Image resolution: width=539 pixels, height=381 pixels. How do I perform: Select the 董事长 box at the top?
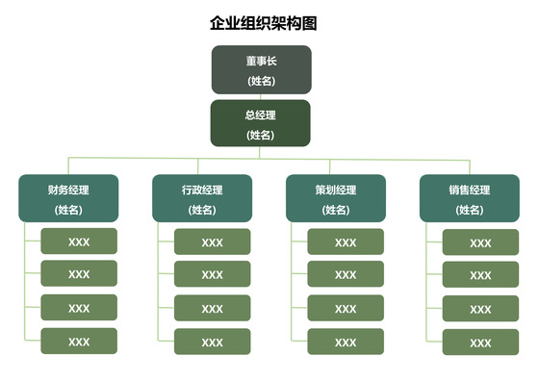click(261, 69)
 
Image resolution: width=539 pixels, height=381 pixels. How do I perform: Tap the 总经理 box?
click(261, 123)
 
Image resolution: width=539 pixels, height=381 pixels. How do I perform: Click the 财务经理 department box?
click(68, 198)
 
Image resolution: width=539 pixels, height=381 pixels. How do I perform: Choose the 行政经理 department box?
click(202, 198)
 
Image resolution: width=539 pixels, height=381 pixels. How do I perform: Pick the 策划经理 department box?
click(336, 198)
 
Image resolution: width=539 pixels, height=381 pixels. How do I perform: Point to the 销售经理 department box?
click(470, 198)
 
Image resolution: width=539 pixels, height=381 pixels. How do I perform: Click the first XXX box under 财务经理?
click(79, 241)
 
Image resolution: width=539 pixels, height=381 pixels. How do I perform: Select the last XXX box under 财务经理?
click(79, 342)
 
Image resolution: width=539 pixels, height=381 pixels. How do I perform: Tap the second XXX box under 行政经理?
click(212, 274)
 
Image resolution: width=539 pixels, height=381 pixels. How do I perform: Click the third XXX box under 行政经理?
click(212, 308)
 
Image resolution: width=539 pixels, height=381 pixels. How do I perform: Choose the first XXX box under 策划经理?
click(346, 241)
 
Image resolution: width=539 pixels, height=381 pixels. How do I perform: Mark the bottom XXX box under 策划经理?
click(346, 342)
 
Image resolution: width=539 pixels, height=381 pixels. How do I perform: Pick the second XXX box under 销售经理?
click(480, 275)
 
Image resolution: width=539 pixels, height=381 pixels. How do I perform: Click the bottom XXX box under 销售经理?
click(480, 343)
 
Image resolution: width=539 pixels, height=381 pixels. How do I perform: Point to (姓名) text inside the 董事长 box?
click(261, 80)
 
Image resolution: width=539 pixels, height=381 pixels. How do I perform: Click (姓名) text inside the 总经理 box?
click(261, 135)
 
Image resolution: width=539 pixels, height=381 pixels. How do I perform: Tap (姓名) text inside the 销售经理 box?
click(470, 210)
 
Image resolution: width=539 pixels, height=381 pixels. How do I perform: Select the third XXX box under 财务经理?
click(79, 308)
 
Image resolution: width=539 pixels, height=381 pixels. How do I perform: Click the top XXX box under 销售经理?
click(480, 242)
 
